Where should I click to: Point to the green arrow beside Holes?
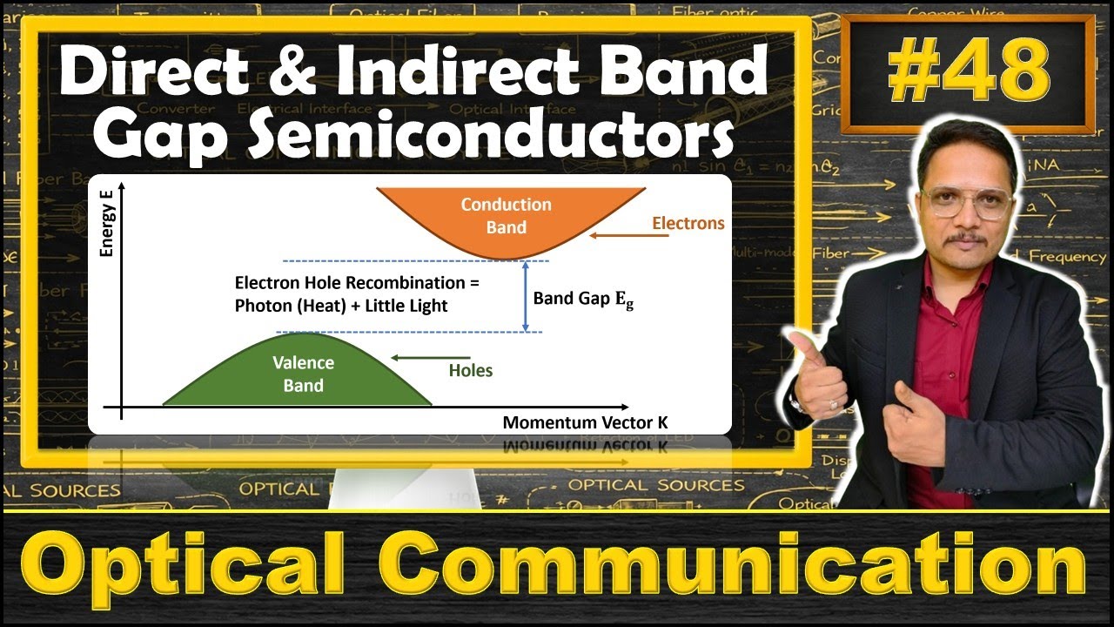[430, 358]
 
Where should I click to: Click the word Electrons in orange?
[688, 224]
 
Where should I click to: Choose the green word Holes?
[471, 371]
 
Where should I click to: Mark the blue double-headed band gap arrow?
[525, 296]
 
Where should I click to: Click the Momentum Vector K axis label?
[585, 423]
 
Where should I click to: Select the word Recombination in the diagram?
[419, 283]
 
